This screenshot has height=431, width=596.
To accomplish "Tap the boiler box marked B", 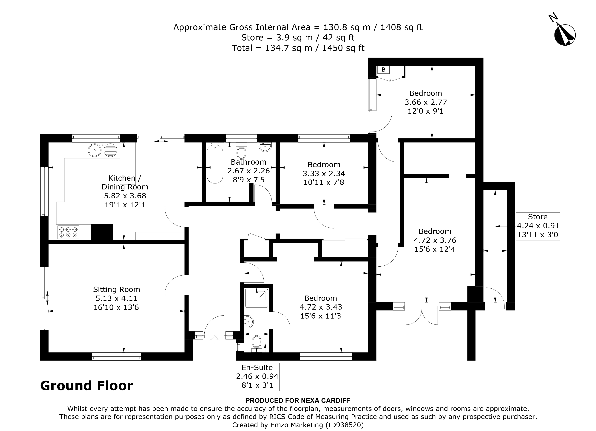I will coord(383,70).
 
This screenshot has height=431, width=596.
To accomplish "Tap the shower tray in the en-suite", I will coord(257,298).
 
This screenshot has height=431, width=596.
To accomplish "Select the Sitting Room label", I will coord(116,289).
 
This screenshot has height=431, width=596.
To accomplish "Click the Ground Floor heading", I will coord(87,386).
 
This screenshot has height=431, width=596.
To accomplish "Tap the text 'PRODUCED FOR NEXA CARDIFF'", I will coord(298,401).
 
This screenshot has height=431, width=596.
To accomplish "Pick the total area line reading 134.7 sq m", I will coord(298,48).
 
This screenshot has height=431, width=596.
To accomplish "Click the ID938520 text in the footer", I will coord(344,425).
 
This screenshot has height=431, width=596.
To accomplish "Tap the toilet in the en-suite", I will coord(256,342).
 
